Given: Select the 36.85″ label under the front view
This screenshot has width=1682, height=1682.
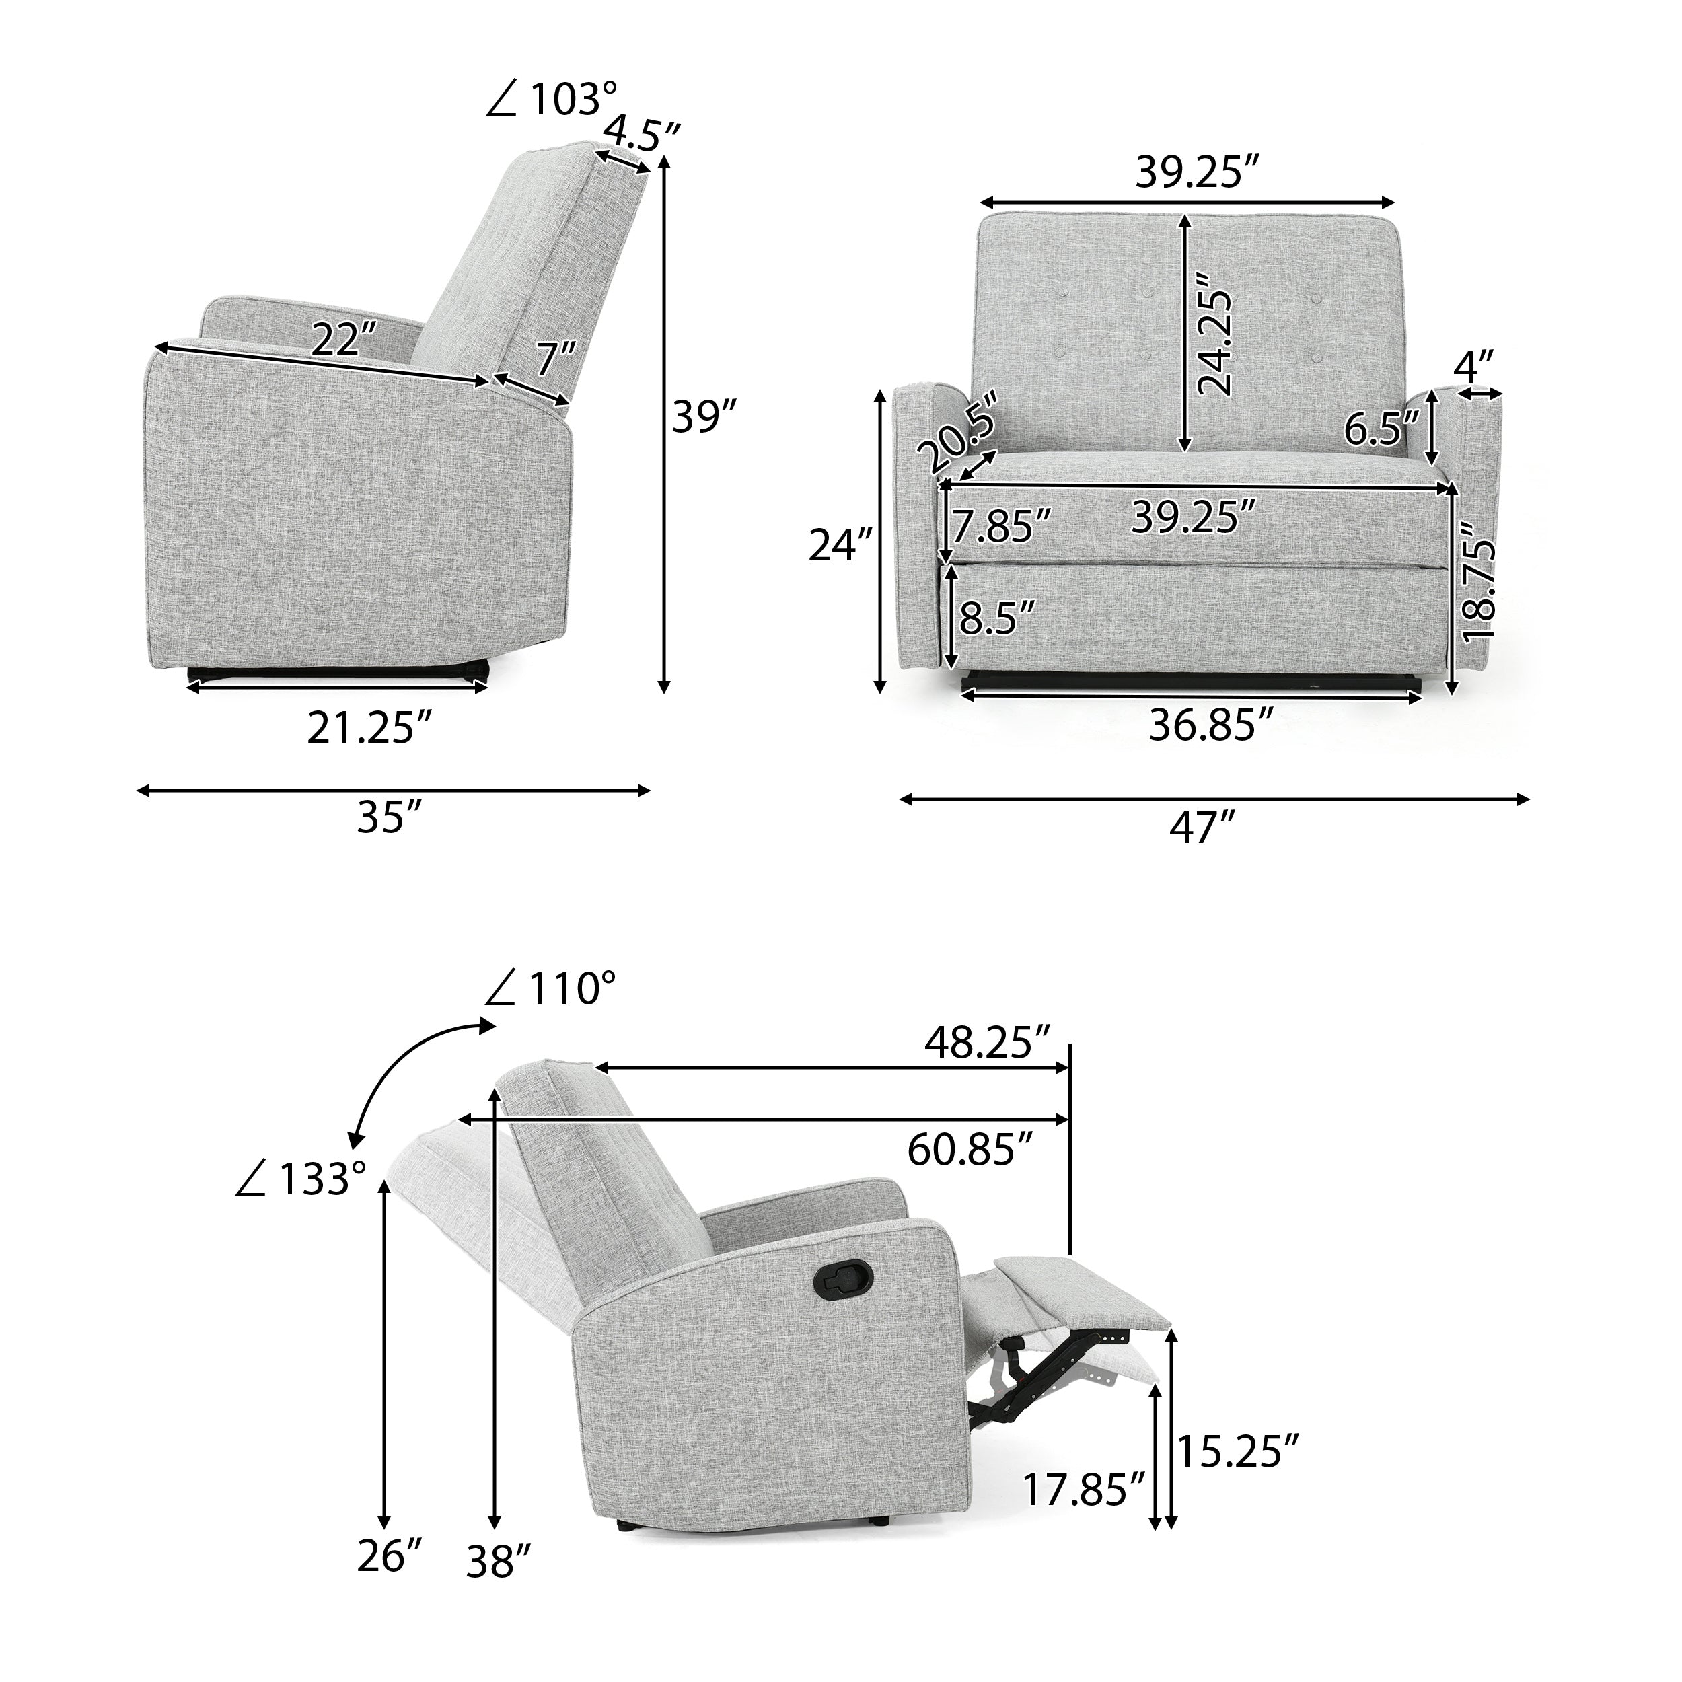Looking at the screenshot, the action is coord(1211,725).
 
